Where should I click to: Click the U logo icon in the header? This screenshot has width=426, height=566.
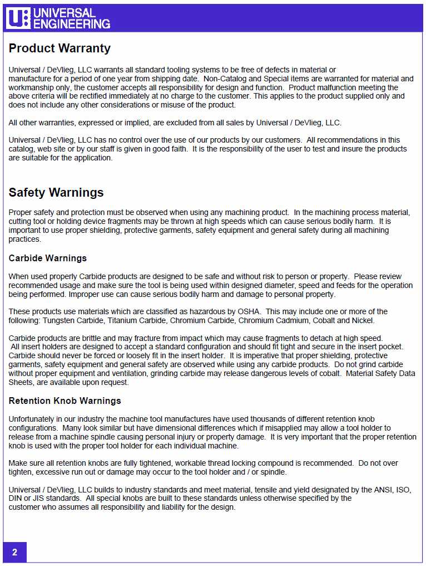(x=18, y=18)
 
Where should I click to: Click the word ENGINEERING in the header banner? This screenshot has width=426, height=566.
(x=72, y=23)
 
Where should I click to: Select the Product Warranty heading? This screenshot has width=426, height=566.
(x=60, y=48)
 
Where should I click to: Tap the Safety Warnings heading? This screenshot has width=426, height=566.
(x=56, y=193)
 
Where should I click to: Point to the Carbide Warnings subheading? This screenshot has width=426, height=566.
(x=48, y=258)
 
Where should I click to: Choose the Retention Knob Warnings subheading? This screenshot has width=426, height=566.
(x=65, y=401)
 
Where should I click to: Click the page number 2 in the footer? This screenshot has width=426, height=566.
(x=14, y=553)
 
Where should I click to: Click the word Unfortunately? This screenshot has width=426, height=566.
(x=32, y=419)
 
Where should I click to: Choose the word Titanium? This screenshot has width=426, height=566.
(x=122, y=320)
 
